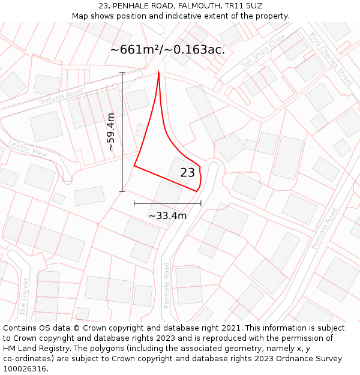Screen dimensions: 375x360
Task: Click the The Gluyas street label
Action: (x=25, y=296)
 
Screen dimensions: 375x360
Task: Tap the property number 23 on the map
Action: (x=188, y=173)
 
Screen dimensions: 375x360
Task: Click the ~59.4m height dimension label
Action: (x=111, y=131)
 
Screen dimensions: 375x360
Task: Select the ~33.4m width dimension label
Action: (x=167, y=215)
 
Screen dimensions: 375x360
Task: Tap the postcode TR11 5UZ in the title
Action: (x=243, y=6)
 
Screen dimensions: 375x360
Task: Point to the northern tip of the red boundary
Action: (x=158, y=72)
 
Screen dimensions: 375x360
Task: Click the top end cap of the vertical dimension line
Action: (x=122, y=73)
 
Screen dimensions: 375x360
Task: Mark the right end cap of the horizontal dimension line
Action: (x=201, y=204)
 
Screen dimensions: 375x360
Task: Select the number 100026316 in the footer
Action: (x=26, y=369)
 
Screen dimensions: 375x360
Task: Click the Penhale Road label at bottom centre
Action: (x=167, y=285)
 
